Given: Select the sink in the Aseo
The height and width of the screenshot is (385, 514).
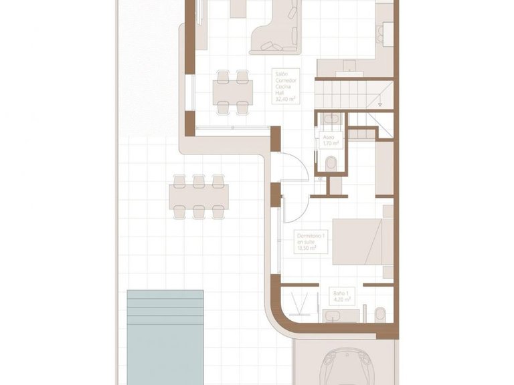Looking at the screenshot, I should tap(329, 119).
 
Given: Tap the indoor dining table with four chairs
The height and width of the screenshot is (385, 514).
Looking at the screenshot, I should tap(234, 91).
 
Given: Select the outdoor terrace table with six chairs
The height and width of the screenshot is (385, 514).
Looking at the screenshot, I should tap(198, 197).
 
